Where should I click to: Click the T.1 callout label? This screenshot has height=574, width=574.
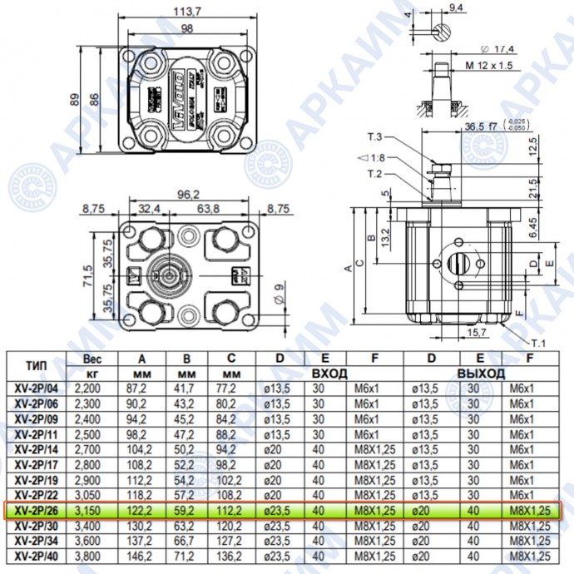click(539, 342)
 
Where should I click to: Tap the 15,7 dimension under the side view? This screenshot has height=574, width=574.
click(476, 333)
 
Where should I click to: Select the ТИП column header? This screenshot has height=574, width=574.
click(36, 365)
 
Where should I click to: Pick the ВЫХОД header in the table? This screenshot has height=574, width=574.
click(481, 374)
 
